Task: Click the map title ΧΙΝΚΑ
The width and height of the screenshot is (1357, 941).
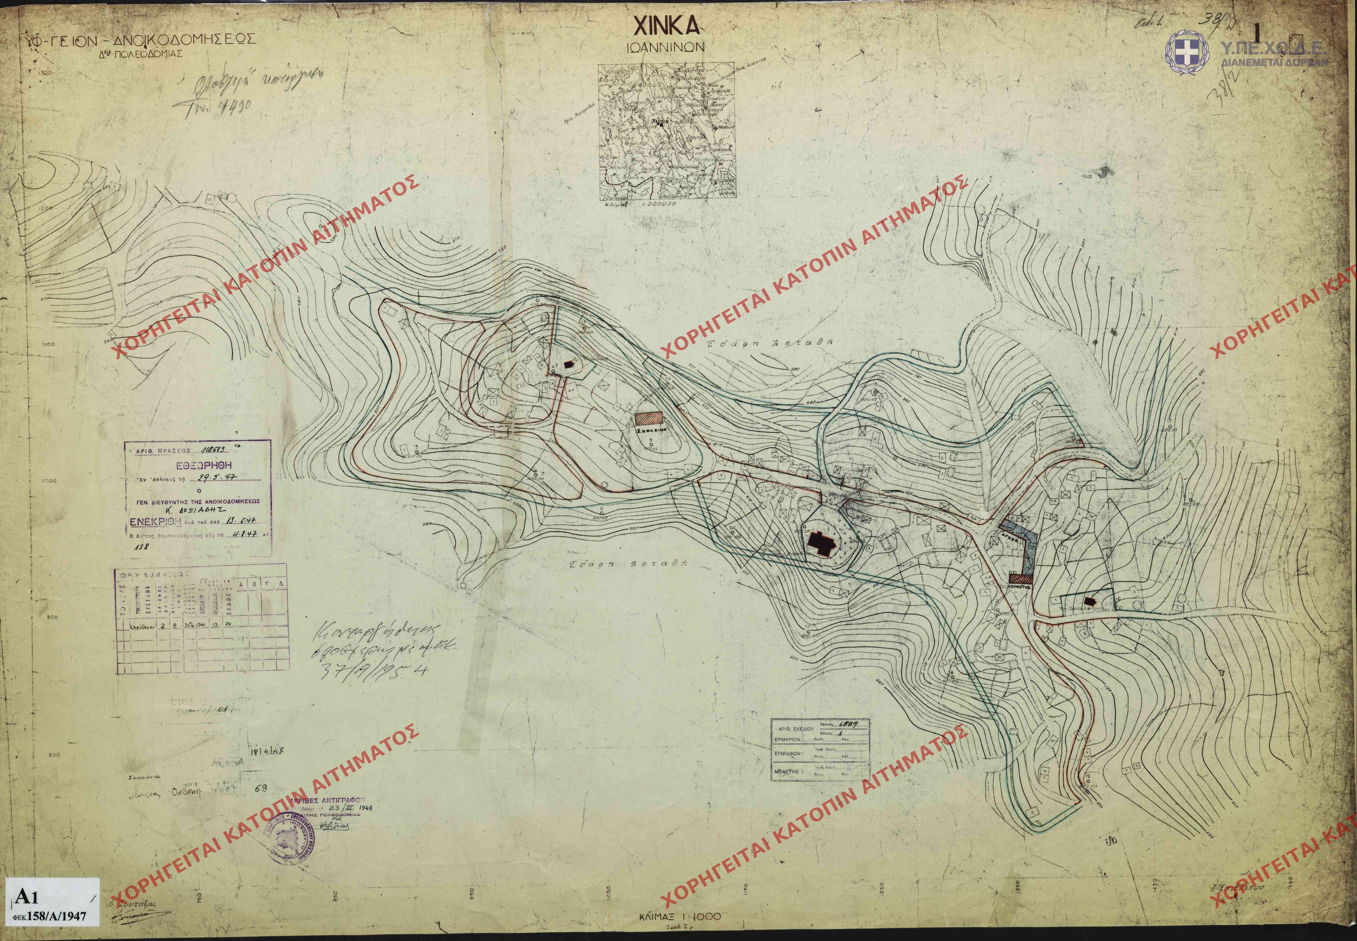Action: pyautogui.click(x=666, y=27)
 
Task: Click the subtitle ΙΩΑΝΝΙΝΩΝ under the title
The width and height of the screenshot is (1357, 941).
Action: pyautogui.click(x=665, y=49)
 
